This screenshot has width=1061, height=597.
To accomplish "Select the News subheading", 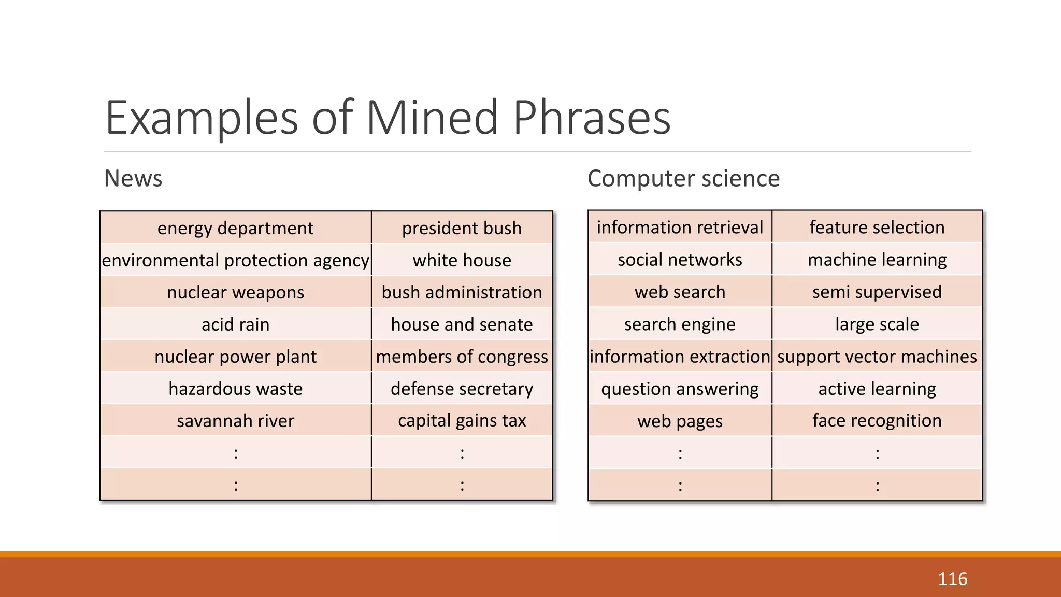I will (x=133, y=179).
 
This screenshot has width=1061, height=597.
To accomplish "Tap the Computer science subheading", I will (x=683, y=179).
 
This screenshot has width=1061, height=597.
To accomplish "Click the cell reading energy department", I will (x=235, y=228).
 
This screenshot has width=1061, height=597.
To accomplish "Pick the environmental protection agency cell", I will (x=235, y=260).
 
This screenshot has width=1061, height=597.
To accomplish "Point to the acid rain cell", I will (x=235, y=324).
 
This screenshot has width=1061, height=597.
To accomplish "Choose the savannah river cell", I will (x=235, y=421).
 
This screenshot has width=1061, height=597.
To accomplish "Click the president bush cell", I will (x=462, y=228).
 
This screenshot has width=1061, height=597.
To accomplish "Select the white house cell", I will (x=462, y=260).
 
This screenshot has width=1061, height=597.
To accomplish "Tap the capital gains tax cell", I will (x=462, y=421).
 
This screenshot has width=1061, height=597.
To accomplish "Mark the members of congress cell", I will (x=462, y=357).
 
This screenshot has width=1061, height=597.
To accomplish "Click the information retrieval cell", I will (x=680, y=228).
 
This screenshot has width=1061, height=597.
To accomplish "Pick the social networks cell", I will (x=680, y=260).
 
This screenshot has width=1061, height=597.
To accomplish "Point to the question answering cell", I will (x=680, y=389).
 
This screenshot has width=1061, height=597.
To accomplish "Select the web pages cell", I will (x=680, y=421).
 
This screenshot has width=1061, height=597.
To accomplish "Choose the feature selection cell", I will (x=877, y=228).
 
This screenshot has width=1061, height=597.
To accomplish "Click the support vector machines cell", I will (x=877, y=357).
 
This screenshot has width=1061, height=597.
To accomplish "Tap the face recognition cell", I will (x=877, y=421).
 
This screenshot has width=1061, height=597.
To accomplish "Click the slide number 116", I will (x=952, y=579).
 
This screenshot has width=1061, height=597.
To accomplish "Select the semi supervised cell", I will (x=877, y=292).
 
